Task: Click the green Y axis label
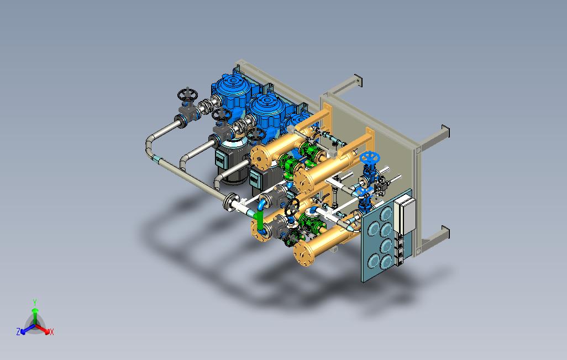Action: (35, 302)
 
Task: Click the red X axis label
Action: (52, 332)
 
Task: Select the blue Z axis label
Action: (18, 331)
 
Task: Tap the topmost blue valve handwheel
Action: (369, 157)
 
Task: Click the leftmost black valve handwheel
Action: (187, 95)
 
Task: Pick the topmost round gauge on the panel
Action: (386, 213)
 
